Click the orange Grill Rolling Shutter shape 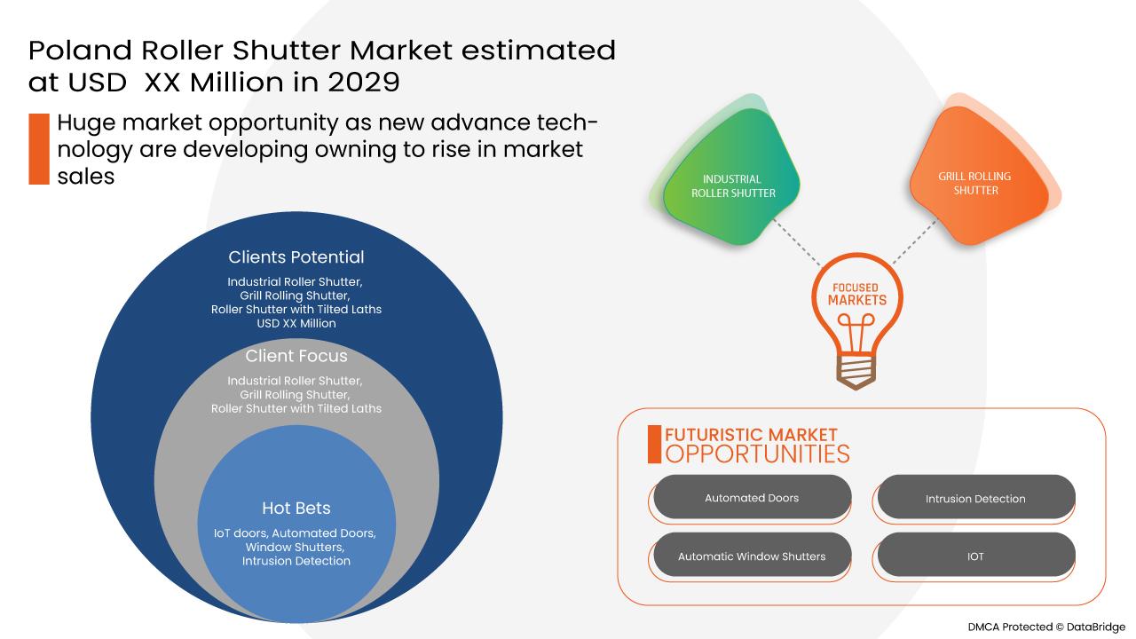pyautogui.click(x=982, y=175)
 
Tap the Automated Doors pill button pyautogui.click(x=752, y=497)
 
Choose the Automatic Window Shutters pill pyautogui.click(x=752, y=556)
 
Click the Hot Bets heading pyautogui.click(x=296, y=508)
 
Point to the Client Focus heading pyautogui.click(x=296, y=356)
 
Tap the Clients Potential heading pyautogui.click(x=296, y=256)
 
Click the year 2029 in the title pyautogui.click(x=364, y=82)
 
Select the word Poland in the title pyautogui.click(x=80, y=51)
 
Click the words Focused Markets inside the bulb pyautogui.click(x=857, y=294)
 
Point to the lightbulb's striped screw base pyautogui.click(x=856, y=371)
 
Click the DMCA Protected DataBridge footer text pyautogui.click(x=1046, y=627)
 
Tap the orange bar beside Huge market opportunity pyautogui.click(x=39, y=148)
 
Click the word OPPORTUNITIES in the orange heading pyautogui.click(x=757, y=454)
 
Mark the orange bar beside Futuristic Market pyautogui.click(x=654, y=445)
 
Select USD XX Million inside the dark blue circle pyautogui.click(x=296, y=323)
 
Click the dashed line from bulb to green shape pyautogui.click(x=796, y=242)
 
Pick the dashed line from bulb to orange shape pyautogui.click(x=914, y=242)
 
